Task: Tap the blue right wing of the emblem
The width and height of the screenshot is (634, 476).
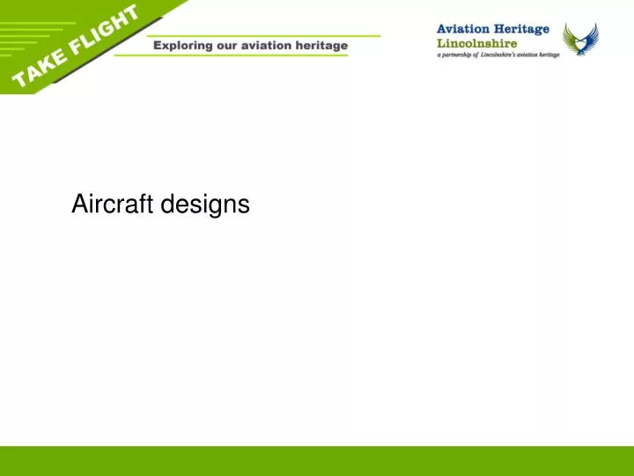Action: tap(591, 37)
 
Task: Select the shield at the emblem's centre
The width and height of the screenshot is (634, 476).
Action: tap(580, 41)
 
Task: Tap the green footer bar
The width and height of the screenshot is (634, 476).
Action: tap(317, 461)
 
